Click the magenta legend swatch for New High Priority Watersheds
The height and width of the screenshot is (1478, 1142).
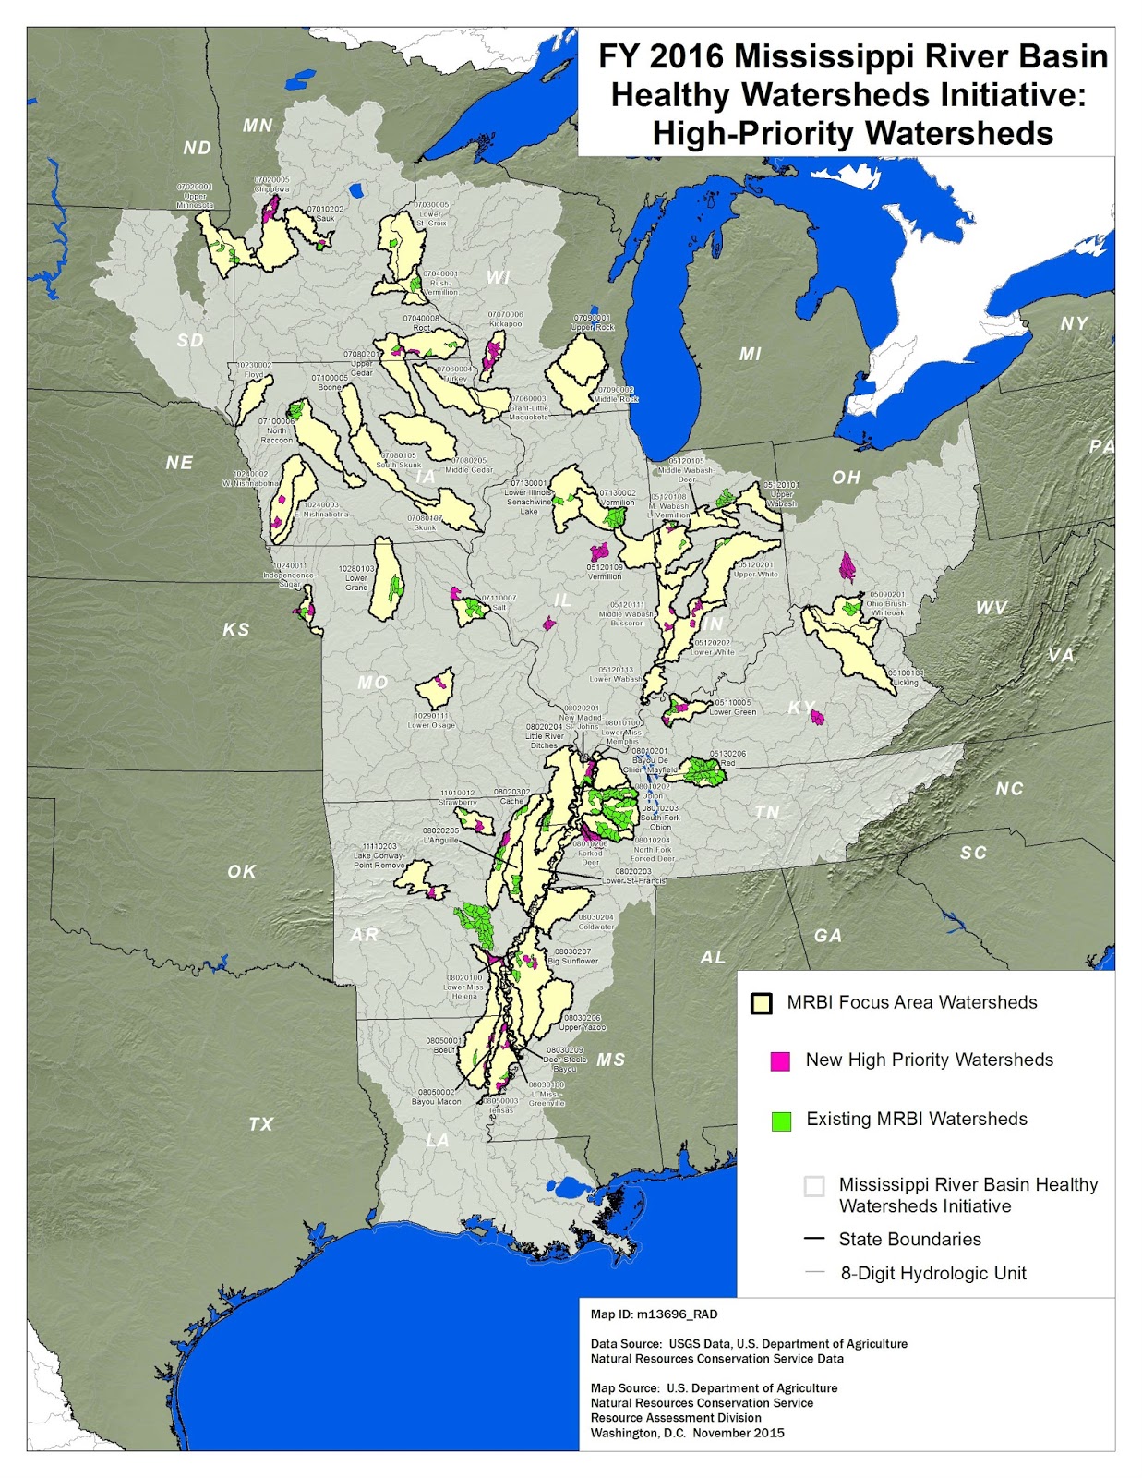[x=780, y=1060]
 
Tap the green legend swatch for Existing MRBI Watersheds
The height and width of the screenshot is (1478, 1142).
[x=781, y=1121]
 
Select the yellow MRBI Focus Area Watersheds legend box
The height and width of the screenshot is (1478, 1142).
[x=761, y=1003]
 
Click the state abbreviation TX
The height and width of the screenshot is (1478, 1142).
[x=261, y=1124]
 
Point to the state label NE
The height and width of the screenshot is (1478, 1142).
[x=179, y=463]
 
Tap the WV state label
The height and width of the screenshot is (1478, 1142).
[x=991, y=608]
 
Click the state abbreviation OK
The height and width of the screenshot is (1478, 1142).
[x=242, y=871]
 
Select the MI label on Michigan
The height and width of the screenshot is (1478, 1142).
[x=751, y=354]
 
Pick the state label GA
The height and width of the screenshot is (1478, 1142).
[x=828, y=936]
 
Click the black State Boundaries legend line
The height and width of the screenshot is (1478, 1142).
[x=814, y=1239]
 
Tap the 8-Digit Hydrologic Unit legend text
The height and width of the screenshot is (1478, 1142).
[x=932, y=1273]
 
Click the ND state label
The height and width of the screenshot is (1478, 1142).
[x=198, y=148]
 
